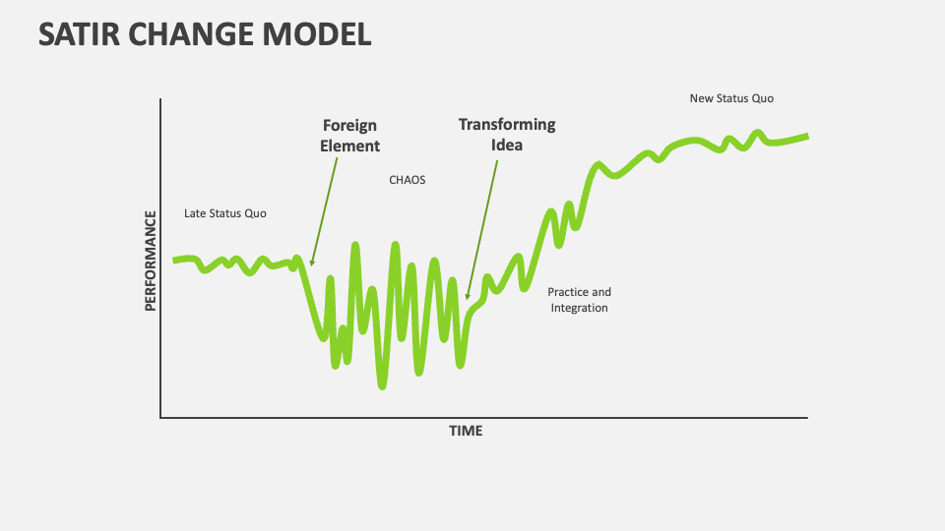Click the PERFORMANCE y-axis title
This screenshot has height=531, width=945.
coord(151,261)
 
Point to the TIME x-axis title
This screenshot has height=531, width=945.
coord(466,431)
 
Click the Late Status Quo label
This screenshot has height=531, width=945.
coord(225,213)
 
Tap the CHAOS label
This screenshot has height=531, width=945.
coord(408,181)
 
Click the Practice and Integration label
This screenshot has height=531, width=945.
coord(579,300)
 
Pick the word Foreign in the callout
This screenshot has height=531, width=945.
coord(349,126)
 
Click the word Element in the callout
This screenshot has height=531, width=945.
coord(349,147)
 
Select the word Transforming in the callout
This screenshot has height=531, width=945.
coord(507,125)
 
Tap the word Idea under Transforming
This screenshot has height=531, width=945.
coord(507,145)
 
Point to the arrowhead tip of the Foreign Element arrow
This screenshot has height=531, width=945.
coord(311,265)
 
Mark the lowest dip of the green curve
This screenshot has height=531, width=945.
coord(382,385)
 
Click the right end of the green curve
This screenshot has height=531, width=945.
coord(807,136)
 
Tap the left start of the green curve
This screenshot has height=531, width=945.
coord(175,261)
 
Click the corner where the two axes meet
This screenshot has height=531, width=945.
coord(160,418)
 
